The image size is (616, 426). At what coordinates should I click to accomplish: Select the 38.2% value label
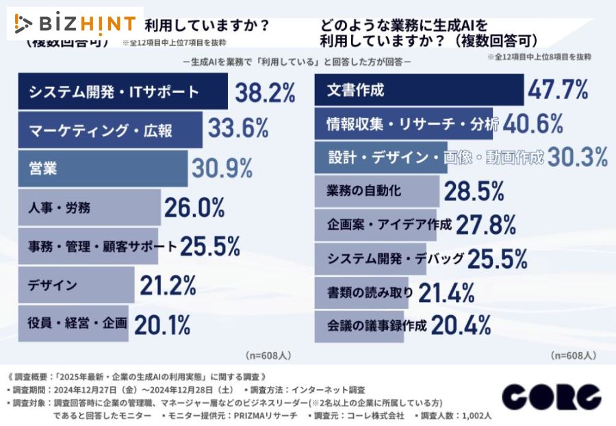(265, 92)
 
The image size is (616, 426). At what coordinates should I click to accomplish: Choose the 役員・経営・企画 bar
(72, 323)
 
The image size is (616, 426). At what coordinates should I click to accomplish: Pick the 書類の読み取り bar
(362, 293)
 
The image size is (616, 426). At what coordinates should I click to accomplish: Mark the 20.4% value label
(461, 326)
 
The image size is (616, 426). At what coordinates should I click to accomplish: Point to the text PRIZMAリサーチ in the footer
(266, 415)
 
